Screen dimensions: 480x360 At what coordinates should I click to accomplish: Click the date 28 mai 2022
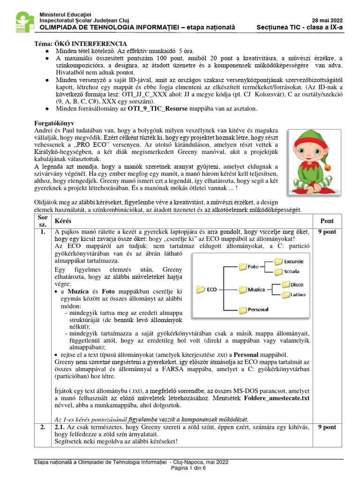(x=327, y=20)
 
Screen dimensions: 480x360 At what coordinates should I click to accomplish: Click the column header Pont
(x=327, y=221)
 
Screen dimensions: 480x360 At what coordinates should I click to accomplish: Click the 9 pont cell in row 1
(x=327, y=232)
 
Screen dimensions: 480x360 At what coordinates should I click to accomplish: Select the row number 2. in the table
(x=43, y=427)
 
